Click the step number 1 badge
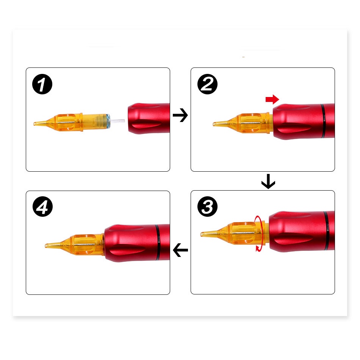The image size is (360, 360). click(x=42, y=84)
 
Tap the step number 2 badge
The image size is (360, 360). click(x=207, y=84)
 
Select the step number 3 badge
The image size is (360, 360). click(x=207, y=207)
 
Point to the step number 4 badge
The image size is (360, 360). click(x=42, y=207)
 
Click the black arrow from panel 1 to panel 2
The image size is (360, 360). click(x=180, y=115)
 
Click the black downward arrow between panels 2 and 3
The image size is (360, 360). click(x=268, y=182)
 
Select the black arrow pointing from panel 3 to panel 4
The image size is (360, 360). click(x=180, y=250)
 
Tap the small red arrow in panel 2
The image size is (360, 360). click(x=272, y=99)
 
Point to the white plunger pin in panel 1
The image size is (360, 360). click(x=117, y=121)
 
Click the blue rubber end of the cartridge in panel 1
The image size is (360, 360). click(x=108, y=121)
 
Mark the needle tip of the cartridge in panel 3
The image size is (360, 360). click(x=202, y=234)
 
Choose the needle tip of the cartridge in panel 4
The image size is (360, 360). click(x=46, y=246)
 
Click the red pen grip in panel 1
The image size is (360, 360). click(x=149, y=119)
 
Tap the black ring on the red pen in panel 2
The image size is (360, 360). click(x=323, y=121)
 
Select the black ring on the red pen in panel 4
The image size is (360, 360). click(x=158, y=243)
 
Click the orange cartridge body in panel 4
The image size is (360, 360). click(x=86, y=244)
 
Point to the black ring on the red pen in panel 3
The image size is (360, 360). click(x=327, y=231)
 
